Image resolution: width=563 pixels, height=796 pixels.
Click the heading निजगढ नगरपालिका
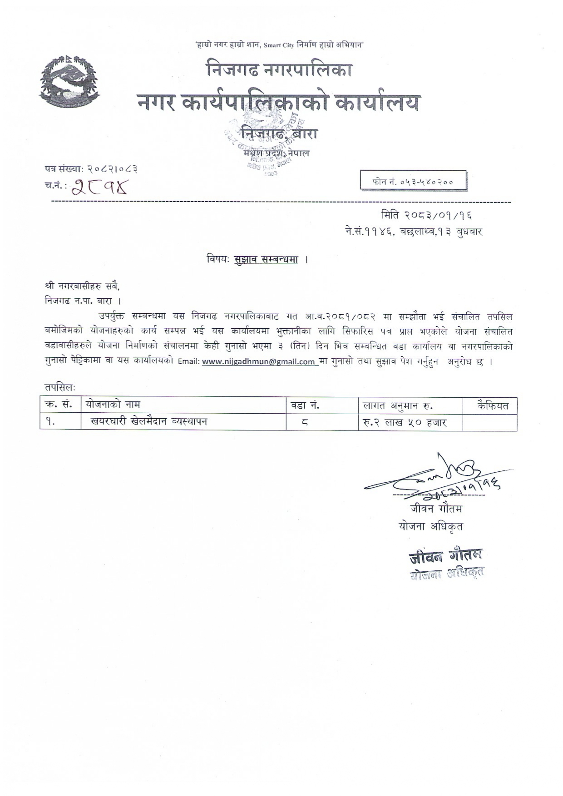click(x=279, y=69)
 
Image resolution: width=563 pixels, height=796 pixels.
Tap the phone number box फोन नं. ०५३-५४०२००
click(x=413, y=181)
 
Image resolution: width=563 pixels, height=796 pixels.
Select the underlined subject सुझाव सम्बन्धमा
click(x=266, y=260)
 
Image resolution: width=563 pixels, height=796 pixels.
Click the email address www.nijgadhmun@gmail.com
click(x=259, y=362)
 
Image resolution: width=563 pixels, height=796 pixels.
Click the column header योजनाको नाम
click(x=113, y=405)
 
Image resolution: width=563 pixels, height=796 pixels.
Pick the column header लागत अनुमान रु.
click(x=398, y=405)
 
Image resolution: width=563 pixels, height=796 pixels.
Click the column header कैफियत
click(x=493, y=405)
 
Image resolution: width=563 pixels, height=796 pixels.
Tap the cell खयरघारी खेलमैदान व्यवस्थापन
click(x=148, y=421)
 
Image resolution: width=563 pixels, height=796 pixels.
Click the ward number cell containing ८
click(x=305, y=422)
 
